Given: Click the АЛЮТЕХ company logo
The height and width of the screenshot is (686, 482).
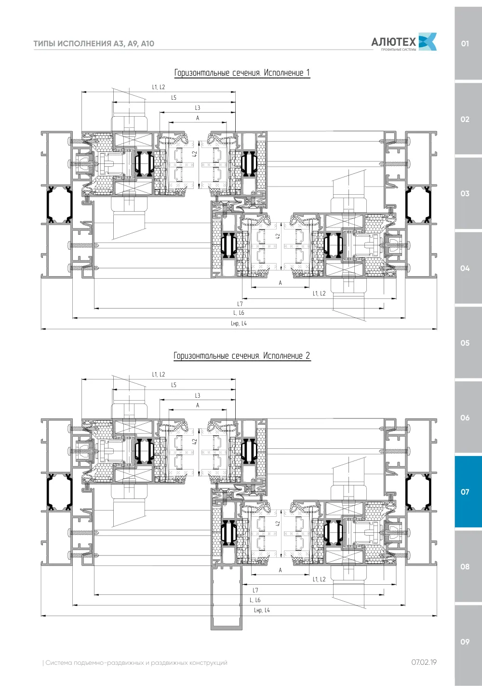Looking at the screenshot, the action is coord(403,42).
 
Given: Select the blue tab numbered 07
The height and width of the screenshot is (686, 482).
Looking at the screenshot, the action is coord(468,492).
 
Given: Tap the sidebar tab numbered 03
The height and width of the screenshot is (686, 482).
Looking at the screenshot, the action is coord(468,193).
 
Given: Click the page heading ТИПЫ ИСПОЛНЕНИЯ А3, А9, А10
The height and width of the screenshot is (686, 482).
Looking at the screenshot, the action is coord(94,43).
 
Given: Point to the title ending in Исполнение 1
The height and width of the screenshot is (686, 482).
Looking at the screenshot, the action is coord(242,73).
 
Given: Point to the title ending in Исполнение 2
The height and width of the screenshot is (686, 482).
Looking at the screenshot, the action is coord(242,356).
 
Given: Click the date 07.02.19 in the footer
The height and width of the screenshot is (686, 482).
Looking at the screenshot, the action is coord(424,662).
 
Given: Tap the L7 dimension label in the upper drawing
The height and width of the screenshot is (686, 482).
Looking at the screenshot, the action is coord(240,304).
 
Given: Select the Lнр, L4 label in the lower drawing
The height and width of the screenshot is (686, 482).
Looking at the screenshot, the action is coord(262,610).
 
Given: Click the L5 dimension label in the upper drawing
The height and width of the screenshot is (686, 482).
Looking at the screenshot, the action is coord(174,98).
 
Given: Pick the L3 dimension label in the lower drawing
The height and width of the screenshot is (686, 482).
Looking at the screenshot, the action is coord(198,395).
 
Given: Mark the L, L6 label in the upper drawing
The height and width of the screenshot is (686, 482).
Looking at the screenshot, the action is coord(239,313).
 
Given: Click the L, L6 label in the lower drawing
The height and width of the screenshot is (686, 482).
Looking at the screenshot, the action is coord(255,600).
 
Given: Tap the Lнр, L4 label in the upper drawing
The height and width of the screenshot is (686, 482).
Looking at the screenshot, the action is coord(239,323).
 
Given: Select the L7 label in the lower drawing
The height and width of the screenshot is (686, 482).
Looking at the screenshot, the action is coord(255,590).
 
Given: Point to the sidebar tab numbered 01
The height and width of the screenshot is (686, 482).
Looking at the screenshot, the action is coord(468,43).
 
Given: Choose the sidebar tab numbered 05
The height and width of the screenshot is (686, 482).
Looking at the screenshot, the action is coord(468,343).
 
